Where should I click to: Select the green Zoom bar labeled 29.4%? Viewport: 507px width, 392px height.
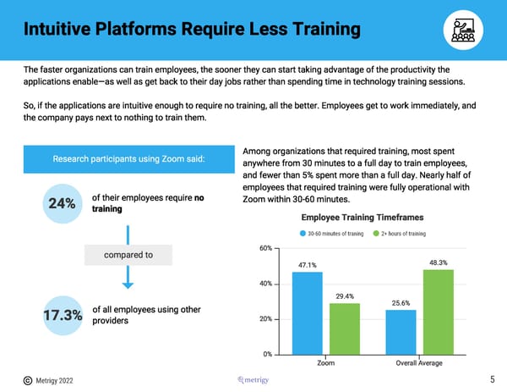coord(345,329)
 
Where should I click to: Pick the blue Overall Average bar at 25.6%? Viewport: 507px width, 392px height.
coord(401,332)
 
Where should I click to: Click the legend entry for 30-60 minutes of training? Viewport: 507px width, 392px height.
coord(334,234)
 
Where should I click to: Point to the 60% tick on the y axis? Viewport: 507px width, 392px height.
coord(265,248)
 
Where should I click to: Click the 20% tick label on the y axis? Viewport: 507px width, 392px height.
coord(265,319)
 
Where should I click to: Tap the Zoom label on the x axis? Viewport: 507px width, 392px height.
coord(326,364)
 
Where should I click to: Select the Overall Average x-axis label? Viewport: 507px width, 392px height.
coord(419,364)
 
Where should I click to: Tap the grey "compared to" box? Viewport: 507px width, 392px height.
coord(127,255)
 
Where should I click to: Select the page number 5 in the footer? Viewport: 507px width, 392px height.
coord(492,379)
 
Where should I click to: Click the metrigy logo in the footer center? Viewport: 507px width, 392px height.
coord(253,379)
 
